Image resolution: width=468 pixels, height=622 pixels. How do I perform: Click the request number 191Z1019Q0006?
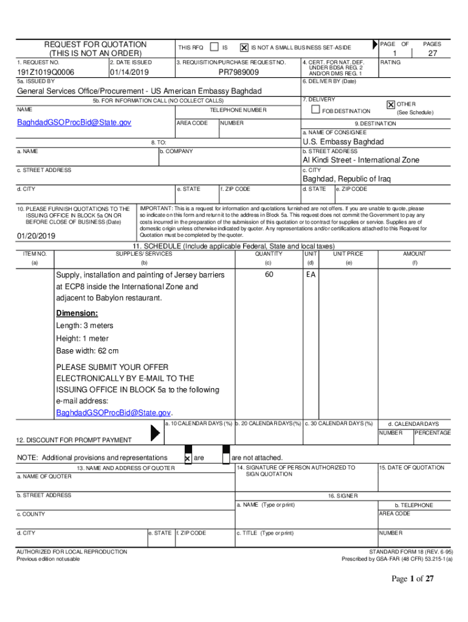tap(46, 72)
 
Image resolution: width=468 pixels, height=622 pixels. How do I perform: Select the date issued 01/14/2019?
tap(129, 72)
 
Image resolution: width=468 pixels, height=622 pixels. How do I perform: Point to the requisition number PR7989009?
tap(238, 72)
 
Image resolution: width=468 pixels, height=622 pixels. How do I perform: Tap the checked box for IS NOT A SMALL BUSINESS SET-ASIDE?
tap(244, 47)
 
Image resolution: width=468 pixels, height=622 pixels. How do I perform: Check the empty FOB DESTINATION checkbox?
tap(315, 110)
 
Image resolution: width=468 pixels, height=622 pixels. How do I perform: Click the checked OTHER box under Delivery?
tap(391, 104)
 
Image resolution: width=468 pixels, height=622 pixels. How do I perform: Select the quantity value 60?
tap(268, 275)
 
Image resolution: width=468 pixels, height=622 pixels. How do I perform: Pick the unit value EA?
tap(311, 275)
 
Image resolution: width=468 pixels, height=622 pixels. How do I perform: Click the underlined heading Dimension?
tap(77, 313)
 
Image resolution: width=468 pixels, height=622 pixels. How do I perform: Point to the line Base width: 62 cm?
tap(87, 351)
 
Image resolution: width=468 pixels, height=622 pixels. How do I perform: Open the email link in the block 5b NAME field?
tap(74, 123)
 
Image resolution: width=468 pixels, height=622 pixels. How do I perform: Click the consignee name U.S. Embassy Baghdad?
tap(343, 142)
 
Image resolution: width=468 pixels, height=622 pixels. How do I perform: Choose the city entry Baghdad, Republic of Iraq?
tap(346, 179)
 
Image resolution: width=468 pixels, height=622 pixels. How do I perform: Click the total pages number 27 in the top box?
tap(433, 53)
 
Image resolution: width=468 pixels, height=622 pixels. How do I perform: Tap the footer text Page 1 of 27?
tap(412, 579)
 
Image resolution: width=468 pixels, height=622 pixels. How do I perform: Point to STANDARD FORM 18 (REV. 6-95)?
tap(411, 552)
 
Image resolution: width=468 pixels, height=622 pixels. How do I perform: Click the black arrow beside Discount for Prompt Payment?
tap(156, 432)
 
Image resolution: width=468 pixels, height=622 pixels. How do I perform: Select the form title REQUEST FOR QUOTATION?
tap(95, 44)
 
